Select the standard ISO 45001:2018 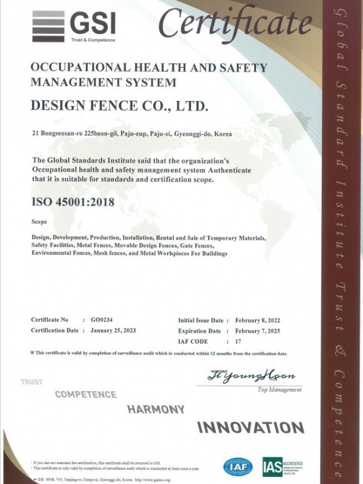(72, 201)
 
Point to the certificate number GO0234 (101, 319)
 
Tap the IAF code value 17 (237, 342)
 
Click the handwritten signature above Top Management (245, 376)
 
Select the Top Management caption (280, 390)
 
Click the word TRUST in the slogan (31, 382)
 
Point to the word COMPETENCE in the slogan (85, 394)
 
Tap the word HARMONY (155, 410)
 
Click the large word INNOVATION (250, 427)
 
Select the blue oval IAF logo (238, 466)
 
